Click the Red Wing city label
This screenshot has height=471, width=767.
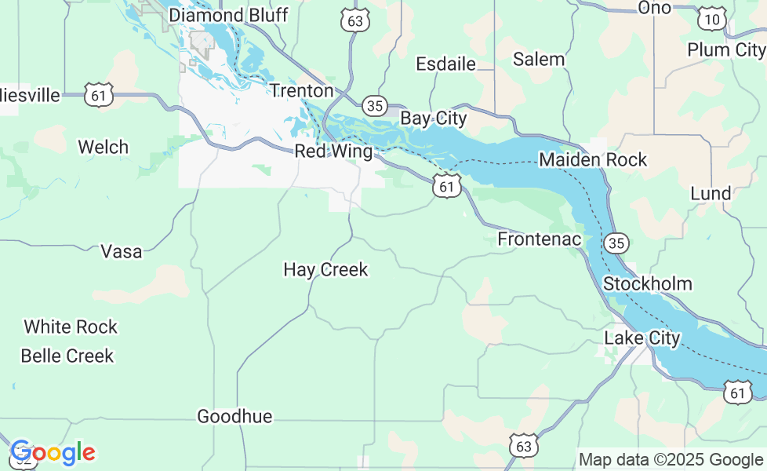(333, 152)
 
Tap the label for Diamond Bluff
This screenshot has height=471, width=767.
(228, 15)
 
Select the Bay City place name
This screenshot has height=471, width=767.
(433, 119)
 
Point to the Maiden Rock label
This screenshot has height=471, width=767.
(593, 160)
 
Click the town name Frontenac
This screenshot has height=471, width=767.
(540, 239)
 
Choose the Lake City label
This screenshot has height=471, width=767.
(642, 338)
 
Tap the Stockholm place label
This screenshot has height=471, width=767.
(647, 283)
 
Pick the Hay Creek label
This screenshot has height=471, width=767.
(325, 270)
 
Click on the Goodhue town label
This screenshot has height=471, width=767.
(234, 416)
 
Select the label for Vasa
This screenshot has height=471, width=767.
(122, 251)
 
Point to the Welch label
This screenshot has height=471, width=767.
(103, 147)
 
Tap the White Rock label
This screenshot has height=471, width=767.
(71, 327)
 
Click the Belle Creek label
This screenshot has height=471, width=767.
(67, 356)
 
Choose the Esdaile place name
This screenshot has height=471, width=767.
(445, 64)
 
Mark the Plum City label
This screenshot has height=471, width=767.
(725, 49)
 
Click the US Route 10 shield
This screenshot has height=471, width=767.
(712, 20)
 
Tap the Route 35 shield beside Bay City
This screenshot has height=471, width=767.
(375, 105)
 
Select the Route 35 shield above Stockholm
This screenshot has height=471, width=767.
(616, 243)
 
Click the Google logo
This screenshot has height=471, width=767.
(53, 453)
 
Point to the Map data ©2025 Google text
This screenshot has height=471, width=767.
(671, 459)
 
